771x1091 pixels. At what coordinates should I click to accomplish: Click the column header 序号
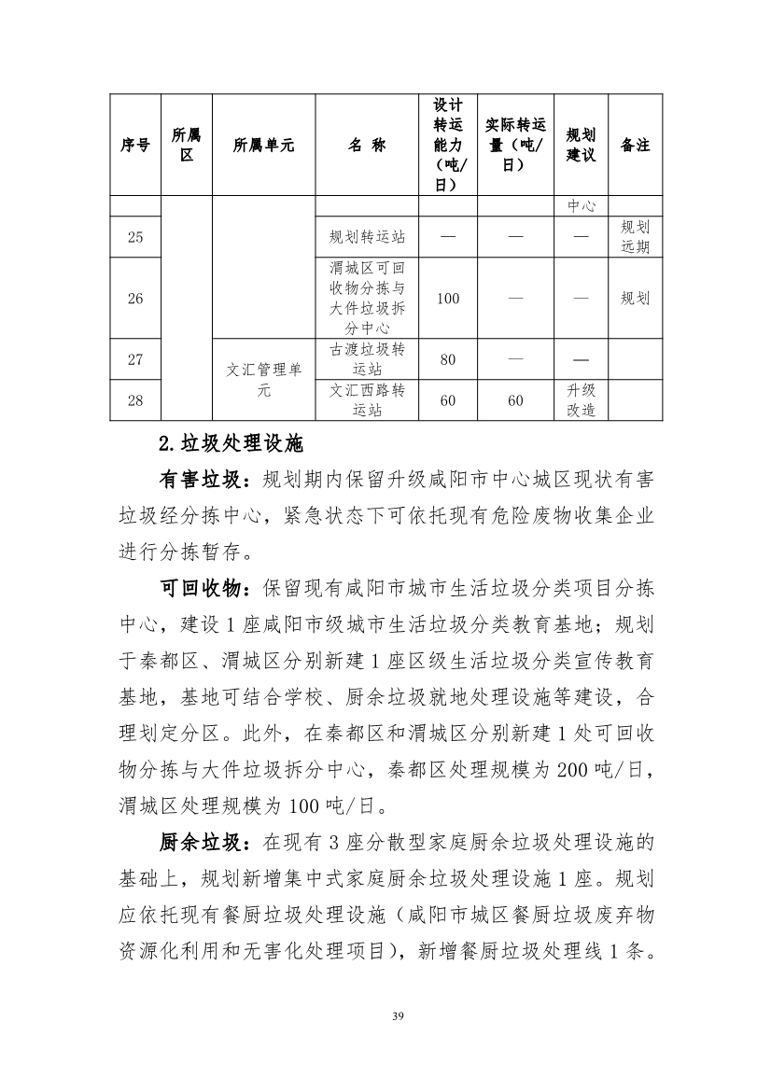[135, 145]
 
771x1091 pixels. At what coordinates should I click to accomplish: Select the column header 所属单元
[264, 145]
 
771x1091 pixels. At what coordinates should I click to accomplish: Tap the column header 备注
[635, 145]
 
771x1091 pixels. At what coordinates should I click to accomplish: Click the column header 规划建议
[581, 145]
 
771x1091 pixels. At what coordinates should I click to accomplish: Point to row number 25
[135, 237]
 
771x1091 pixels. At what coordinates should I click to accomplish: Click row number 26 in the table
[135, 299]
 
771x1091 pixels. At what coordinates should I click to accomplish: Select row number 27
[135, 359]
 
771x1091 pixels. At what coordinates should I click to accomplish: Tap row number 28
[135, 400]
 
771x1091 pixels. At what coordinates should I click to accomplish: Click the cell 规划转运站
[367, 237]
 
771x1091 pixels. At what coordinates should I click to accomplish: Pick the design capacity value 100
[448, 299]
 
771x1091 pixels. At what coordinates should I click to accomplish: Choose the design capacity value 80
[448, 359]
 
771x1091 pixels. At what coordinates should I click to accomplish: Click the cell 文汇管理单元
[264, 380]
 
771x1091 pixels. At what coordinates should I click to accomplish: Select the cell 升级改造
[581, 400]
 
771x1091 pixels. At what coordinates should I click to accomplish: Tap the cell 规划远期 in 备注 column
[635, 237]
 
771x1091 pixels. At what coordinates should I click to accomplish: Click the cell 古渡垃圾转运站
[367, 359]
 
